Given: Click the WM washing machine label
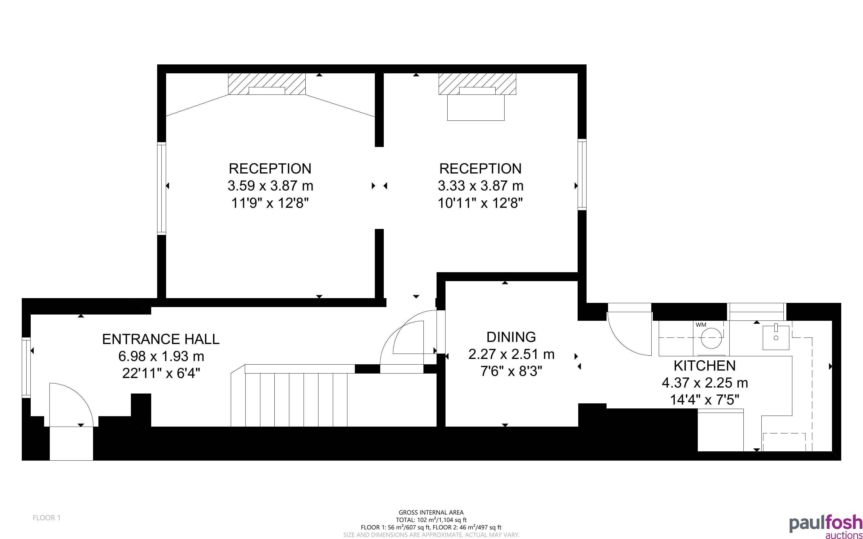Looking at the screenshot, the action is pos(700,325).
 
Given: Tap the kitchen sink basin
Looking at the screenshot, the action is pos(776,337).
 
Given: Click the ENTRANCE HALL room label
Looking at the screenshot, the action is pos(161,339).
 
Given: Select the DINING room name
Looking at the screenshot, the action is pos(511,337).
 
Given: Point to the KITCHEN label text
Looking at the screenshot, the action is pos(704,366).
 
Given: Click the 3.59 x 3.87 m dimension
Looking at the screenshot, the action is pos(270,186).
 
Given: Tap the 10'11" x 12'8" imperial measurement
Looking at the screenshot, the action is pos(480,203).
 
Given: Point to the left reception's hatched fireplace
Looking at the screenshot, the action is pos(267,84).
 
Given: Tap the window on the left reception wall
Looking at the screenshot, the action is pos(162,188).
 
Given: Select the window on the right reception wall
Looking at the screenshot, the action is pos(582,174).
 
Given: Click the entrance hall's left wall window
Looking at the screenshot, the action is pos(26,368).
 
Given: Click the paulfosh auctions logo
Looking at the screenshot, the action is pos(825,526).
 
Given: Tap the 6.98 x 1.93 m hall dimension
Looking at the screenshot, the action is pos(161,356).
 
